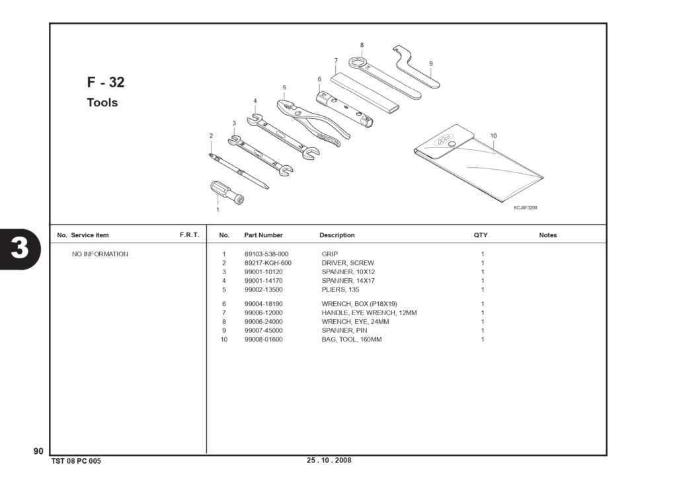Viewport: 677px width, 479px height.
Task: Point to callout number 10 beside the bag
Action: [x=493, y=135]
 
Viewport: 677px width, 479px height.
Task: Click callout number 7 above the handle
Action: [x=336, y=60]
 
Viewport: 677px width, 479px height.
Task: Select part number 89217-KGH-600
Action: [x=268, y=263]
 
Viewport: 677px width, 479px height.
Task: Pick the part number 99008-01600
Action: [x=263, y=340]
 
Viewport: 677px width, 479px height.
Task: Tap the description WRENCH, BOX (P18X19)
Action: [x=359, y=304]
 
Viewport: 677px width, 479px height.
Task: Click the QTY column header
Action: [x=481, y=235]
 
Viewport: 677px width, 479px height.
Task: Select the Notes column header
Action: [x=548, y=235]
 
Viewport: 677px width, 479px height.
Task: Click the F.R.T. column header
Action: [x=190, y=235]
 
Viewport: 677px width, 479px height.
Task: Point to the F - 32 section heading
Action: [x=106, y=82]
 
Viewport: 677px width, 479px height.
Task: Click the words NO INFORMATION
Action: [x=100, y=254]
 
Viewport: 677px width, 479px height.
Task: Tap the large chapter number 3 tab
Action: [x=19, y=248]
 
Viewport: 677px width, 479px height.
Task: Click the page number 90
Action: [x=38, y=451]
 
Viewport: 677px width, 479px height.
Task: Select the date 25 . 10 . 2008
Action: [x=329, y=460]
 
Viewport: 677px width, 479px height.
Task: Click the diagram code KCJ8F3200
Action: [x=526, y=207]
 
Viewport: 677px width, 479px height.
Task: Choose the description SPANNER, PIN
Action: [x=344, y=330]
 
